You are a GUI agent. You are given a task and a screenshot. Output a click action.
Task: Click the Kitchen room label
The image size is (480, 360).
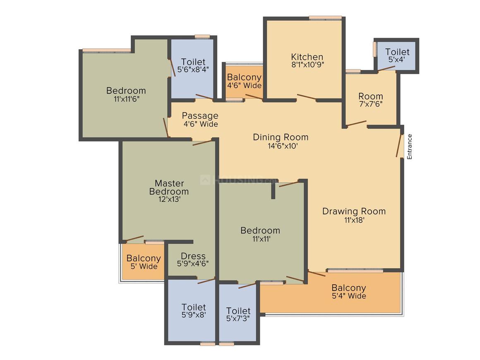[307, 60]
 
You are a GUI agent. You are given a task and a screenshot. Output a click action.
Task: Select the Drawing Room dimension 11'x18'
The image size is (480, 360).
[354, 220]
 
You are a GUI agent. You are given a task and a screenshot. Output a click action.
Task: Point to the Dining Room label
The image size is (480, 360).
[281, 141]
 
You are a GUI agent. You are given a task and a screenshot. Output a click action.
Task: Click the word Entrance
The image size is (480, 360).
[410, 146]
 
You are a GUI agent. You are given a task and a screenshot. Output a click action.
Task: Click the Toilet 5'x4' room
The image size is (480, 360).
[397, 55]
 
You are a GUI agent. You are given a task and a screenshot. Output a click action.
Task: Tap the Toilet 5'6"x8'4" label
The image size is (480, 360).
[193, 65]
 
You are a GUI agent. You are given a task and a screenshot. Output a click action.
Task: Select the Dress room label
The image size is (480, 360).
[193, 259]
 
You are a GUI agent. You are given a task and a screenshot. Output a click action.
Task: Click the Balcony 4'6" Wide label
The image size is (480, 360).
[244, 81]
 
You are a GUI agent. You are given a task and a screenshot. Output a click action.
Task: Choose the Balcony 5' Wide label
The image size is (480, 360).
[144, 262]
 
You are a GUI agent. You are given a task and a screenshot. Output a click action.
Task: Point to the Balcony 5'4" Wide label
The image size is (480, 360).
[349, 291]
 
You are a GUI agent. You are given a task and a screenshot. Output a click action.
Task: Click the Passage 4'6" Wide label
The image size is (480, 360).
[200, 120]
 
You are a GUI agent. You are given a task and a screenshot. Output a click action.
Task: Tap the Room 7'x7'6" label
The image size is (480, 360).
[371, 100]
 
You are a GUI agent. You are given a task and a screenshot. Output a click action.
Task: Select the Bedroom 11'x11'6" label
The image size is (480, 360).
[126, 94]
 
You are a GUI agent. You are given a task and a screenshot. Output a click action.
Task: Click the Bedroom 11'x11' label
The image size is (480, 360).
[260, 234]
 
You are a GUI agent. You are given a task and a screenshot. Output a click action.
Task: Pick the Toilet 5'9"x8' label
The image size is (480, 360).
[194, 310]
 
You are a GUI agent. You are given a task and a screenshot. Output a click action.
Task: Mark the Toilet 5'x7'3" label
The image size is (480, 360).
[238, 314]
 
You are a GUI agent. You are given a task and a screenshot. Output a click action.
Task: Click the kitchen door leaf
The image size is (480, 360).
[307, 97]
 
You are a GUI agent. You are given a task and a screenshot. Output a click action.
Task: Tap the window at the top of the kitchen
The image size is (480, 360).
[325, 18]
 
